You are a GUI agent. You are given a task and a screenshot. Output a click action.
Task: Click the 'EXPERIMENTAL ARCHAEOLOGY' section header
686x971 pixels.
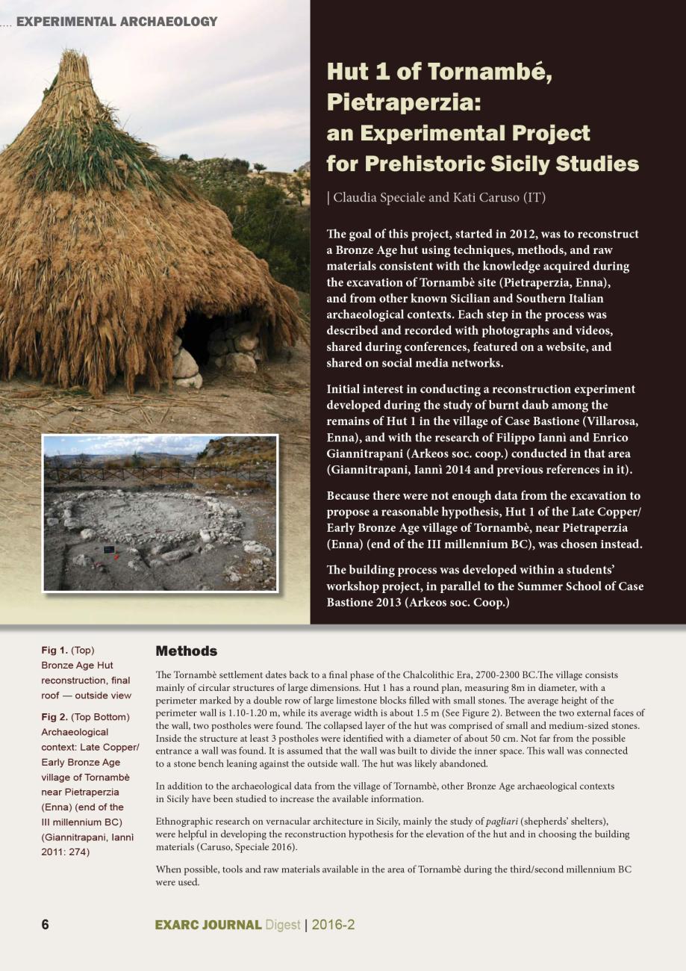[x=116, y=22]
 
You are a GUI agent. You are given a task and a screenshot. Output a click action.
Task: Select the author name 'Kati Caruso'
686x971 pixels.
[x=484, y=198]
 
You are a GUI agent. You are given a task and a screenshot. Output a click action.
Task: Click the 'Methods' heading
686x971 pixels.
[x=186, y=651]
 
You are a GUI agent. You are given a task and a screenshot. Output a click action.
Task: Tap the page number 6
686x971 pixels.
[x=46, y=925]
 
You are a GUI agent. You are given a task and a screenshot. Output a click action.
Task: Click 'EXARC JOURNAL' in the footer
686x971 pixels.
[x=208, y=925]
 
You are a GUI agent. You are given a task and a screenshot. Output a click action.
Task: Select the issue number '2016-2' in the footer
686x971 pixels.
[x=333, y=925]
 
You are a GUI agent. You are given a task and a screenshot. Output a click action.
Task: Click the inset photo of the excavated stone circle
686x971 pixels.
[x=159, y=513]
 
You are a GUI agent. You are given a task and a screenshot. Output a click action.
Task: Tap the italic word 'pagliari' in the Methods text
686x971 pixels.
[x=502, y=822]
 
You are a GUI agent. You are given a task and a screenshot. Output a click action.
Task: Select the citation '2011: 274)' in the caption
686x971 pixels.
[x=66, y=852]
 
